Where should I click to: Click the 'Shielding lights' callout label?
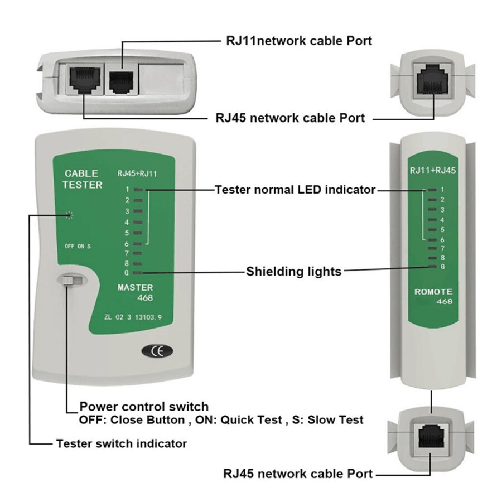(293, 272)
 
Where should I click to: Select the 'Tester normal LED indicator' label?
(295, 190)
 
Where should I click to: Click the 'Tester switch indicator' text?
(121, 444)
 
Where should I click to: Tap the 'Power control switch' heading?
(144, 406)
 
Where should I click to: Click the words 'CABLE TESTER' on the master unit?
(82, 179)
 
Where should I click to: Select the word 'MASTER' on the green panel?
(134, 287)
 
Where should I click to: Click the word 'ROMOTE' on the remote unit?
(433, 292)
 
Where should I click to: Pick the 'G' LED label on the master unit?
(127, 273)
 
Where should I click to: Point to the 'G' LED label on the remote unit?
(442, 267)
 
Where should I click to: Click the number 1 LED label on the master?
(127, 190)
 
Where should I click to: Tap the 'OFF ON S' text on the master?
(78, 246)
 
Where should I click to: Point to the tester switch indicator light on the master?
(70, 215)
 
